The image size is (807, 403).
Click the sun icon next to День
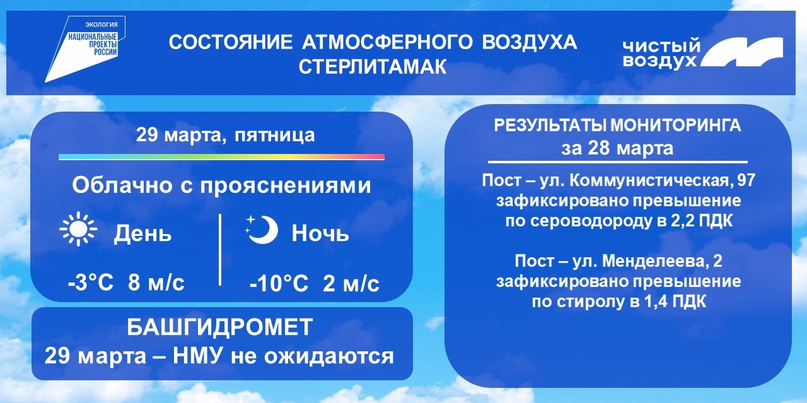pos(79,230)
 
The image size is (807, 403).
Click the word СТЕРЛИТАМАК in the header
pos(373,67)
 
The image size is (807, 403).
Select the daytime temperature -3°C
pos(91,283)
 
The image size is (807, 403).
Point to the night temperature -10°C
pos(279,284)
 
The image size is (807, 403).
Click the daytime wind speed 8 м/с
pos(156,283)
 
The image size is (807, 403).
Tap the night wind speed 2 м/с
pos(351,284)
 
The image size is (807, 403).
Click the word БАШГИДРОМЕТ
pos(220,327)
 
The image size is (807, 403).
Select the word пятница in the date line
pos(274,136)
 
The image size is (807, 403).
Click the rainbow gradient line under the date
pos(221,157)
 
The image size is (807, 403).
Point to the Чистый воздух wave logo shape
pos(741,52)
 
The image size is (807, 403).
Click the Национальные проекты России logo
pos(85,49)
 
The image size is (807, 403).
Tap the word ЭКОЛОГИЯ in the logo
pos(102,25)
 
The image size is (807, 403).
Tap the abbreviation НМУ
pos(197,356)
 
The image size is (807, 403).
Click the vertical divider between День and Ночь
pos(220,250)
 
